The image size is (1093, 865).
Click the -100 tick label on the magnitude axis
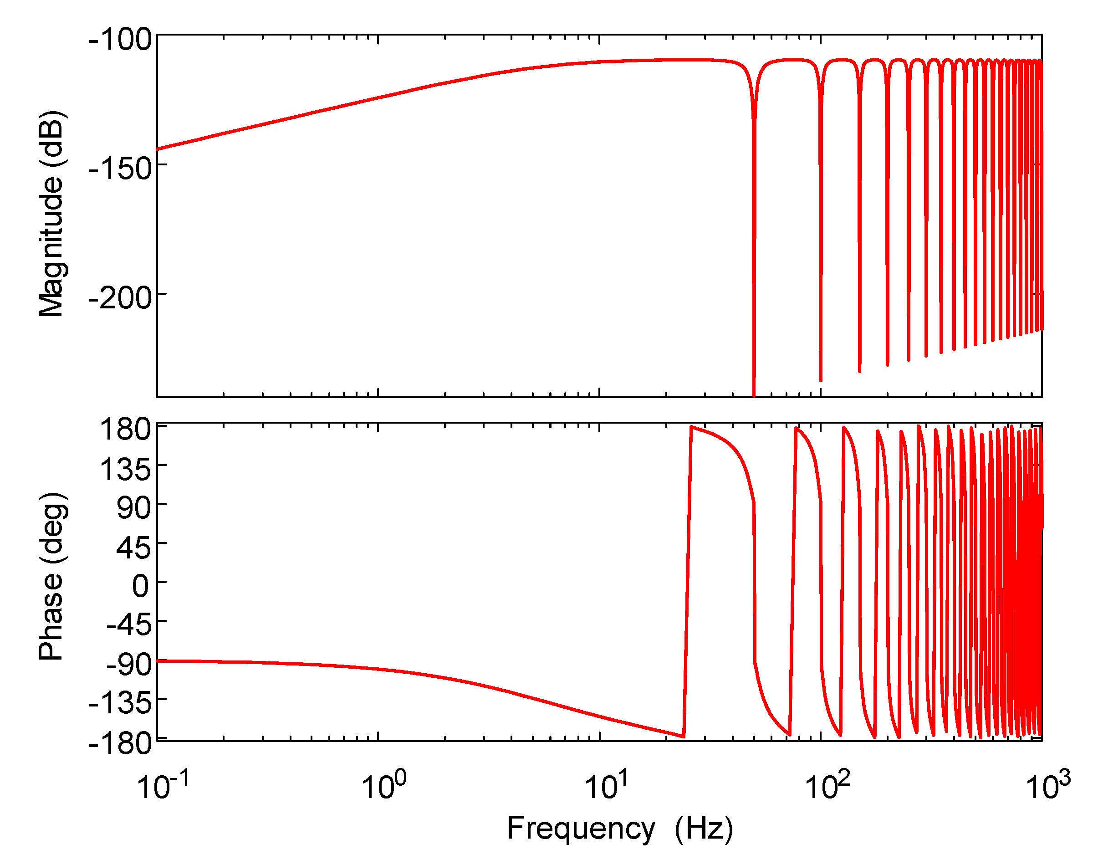coord(120,40)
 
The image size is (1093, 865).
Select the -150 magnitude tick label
coord(120,168)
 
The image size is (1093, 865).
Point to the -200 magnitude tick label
coord(120,298)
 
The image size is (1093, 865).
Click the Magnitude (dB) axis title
coord(51,214)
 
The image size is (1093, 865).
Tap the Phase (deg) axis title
coord(51,576)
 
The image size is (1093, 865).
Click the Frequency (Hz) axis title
coord(620,829)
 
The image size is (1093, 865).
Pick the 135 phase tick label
coord(126,469)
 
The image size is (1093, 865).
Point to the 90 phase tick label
coord(133,507)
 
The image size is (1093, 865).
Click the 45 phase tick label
coord(133,548)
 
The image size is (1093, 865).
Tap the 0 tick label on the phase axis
coord(141,586)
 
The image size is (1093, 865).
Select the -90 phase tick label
coord(128,665)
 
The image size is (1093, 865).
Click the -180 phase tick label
coord(120,743)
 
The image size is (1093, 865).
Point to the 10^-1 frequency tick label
coord(163,787)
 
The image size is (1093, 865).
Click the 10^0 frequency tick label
coord(383,787)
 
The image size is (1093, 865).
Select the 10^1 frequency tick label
coord(606,787)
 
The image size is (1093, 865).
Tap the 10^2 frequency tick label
coord(827,787)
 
